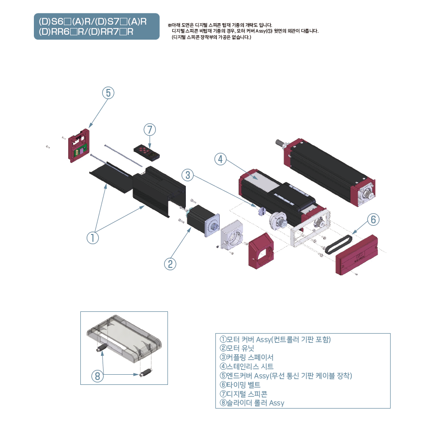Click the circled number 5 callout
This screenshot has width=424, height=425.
pos(108,93)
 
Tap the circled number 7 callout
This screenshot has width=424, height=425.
pos(150,129)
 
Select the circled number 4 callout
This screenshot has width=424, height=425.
pos(220,159)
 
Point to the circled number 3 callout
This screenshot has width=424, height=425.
pos(188,174)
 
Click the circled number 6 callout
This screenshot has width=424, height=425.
pos(373,220)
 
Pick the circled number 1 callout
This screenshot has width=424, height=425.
pos(93,237)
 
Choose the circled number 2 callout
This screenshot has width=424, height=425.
pos(170,264)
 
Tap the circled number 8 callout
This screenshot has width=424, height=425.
pos(98,376)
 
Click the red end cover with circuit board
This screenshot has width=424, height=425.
pos(79,146)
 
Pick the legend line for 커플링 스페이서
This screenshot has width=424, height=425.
pos(246,357)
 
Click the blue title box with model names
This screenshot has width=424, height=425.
pos(96,26)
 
